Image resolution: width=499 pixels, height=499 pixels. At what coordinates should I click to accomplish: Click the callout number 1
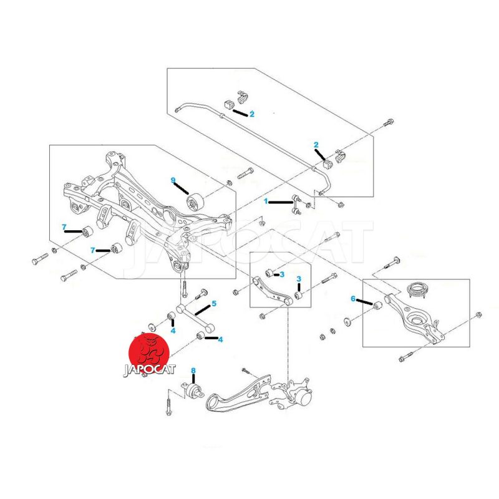[266, 201]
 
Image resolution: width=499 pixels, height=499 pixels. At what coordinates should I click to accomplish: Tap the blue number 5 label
[214, 304]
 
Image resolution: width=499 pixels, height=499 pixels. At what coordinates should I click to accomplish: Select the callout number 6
[352, 299]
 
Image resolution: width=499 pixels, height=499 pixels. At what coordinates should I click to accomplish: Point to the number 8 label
[193, 371]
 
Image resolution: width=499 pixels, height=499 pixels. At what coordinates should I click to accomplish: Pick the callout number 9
[173, 180]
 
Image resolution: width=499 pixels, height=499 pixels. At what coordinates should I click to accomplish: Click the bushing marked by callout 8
[194, 393]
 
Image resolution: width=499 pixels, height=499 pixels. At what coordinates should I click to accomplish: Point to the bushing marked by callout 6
[376, 304]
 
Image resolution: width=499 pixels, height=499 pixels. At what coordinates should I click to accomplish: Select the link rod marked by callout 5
[193, 319]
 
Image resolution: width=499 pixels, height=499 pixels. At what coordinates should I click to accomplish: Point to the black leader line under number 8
[193, 380]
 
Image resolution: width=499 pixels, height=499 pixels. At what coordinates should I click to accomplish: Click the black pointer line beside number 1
[279, 201]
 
